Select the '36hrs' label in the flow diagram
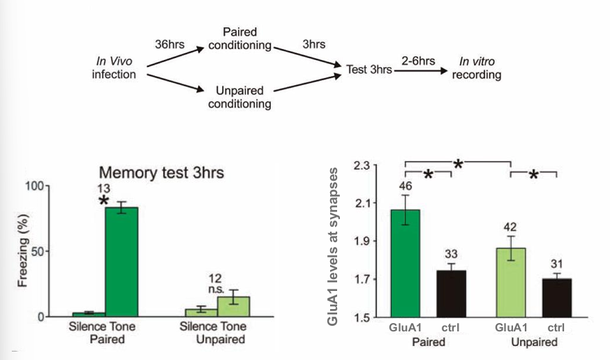point(170,44)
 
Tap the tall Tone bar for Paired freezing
point(121,262)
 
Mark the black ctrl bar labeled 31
point(556,298)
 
